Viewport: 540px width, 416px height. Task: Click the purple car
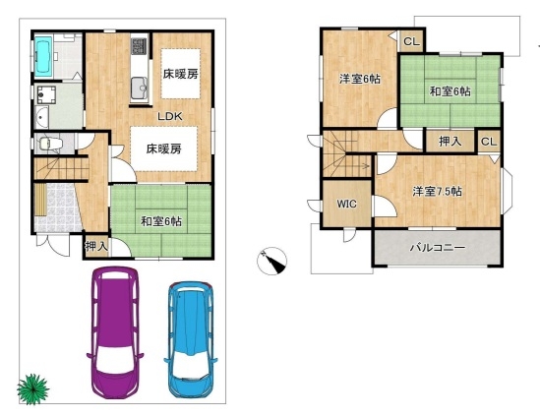coord(115,332)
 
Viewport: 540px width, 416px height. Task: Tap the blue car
coord(191,339)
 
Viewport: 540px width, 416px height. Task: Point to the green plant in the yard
coord(32,389)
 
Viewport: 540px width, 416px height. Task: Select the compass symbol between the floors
coord(271,261)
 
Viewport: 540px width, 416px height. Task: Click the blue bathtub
coord(43,56)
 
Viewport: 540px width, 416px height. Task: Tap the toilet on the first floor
coord(49,143)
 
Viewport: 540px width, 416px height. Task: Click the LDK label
coord(170,116)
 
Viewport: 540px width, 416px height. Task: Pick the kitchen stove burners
coord(139,46)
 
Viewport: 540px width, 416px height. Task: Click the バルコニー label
coord(438,248)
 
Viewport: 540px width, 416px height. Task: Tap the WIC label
coord(346,204)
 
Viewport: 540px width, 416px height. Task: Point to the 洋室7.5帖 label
coord(438,192)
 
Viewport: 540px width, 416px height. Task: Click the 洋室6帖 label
coord(360,80)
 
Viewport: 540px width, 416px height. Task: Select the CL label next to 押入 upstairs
coord(489,142)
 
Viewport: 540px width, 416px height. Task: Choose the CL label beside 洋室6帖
coord(411,41)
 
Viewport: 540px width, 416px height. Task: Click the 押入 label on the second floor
coord(450,142)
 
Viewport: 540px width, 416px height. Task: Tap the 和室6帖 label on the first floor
coord(161,221)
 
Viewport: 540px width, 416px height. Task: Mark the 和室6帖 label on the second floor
coord(450,91)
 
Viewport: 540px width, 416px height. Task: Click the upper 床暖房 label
coord(180,74)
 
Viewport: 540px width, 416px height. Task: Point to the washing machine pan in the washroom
coord(46,94)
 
